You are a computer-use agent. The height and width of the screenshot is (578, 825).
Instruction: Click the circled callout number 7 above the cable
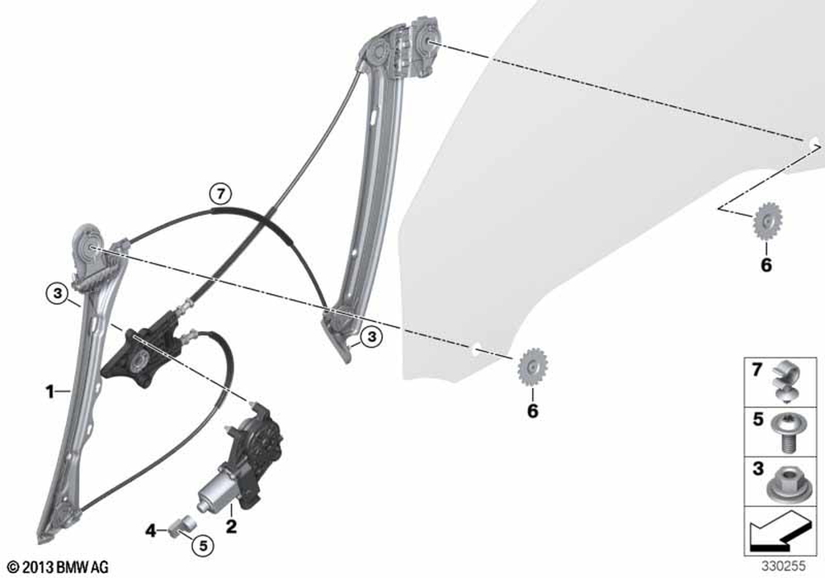click(220, 194)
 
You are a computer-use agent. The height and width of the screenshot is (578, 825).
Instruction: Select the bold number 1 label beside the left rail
click(49, 391)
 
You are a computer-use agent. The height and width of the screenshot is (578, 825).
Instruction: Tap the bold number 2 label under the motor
click(231, 526)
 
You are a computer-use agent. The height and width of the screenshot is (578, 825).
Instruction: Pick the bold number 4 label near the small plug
click(151, 531)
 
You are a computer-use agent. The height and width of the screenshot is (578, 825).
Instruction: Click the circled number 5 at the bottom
click(203, 545)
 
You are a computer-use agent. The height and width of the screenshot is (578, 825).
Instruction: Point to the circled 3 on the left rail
click(58, 293)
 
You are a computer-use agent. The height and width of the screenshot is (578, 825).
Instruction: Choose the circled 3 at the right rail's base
click(371, 336)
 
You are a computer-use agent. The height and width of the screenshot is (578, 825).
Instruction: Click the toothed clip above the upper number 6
click(767, 221)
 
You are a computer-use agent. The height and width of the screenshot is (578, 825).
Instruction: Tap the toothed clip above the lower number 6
click(532, 367)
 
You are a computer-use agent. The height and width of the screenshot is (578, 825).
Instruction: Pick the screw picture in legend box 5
click(785, 432)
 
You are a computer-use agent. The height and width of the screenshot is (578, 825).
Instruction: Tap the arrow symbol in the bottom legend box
click(780, 533)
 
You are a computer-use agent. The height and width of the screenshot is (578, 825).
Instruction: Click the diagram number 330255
click(784, 566)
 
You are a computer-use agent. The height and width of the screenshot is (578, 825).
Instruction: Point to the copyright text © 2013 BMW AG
click(59, 567)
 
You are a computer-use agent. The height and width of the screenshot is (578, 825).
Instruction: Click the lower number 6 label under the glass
click(532, 411)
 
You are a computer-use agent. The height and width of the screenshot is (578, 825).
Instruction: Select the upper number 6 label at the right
click(766, 265)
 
